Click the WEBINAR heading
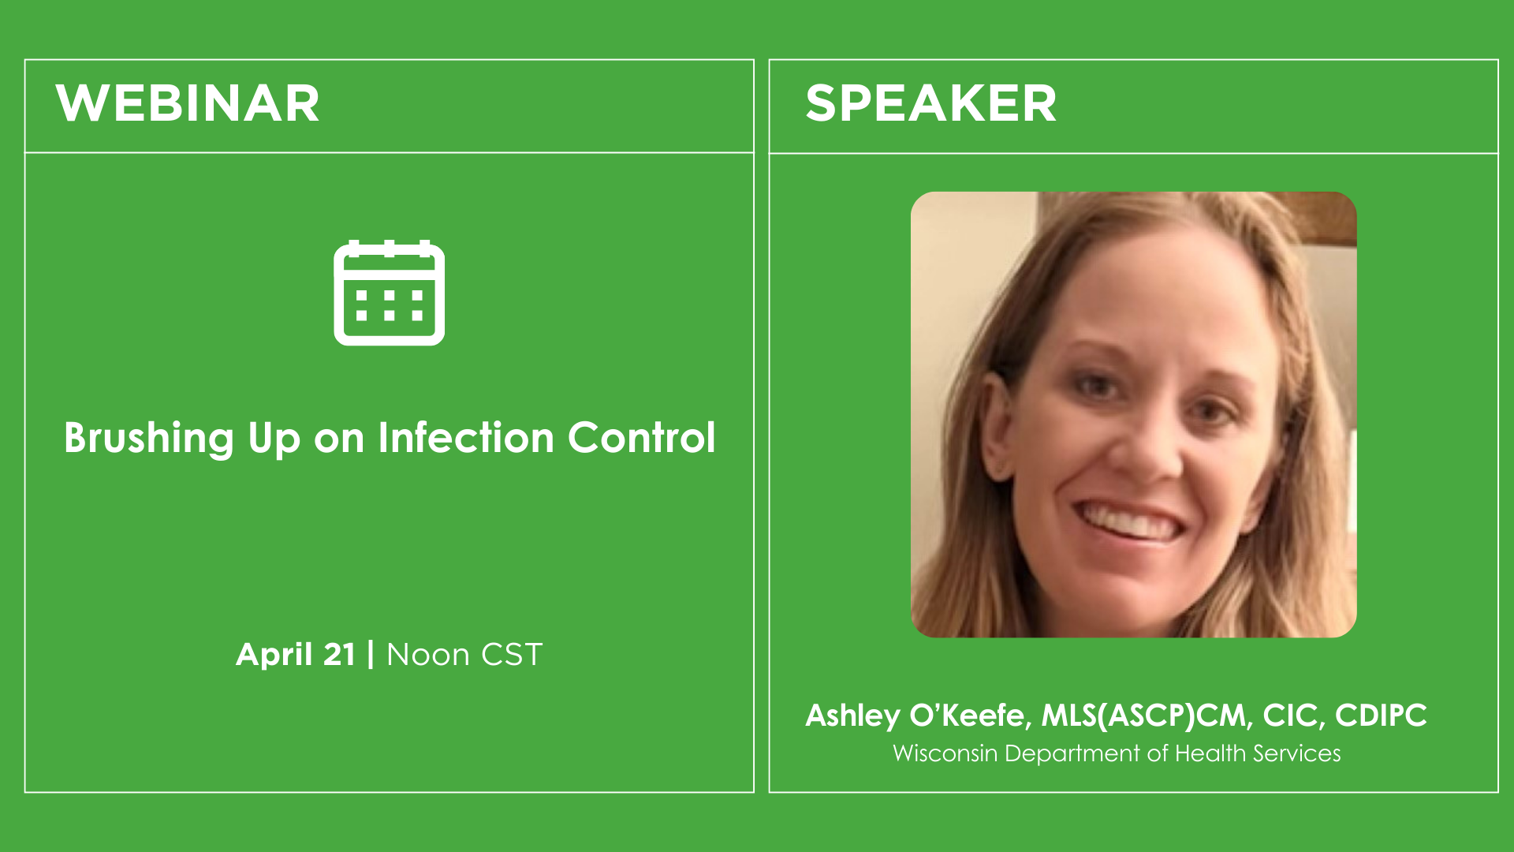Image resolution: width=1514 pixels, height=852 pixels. pos(188,103)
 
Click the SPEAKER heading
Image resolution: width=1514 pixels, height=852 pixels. pos(930,103)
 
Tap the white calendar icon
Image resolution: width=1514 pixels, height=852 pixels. pos(390,293)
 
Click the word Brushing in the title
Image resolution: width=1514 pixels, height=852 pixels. pos(149,439)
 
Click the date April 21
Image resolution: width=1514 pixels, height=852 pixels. pos(296,655)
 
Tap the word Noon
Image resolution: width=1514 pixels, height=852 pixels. pos(428,655)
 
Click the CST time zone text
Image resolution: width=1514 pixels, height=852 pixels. pos(512,655)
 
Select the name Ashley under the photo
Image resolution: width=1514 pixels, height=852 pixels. pos(852,716)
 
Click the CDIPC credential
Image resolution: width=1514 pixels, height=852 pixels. pos(1381,716)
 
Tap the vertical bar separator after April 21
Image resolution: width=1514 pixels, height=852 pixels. pos(371,655)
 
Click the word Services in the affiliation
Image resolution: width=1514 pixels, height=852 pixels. pos(1297,753)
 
